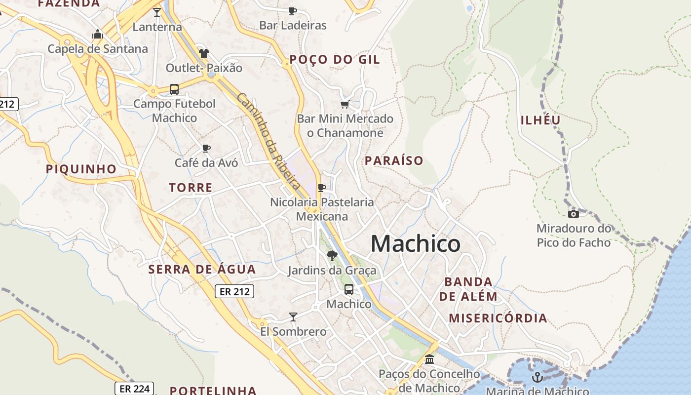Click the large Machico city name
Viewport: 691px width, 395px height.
click(416, 243)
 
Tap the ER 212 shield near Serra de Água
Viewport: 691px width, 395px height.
click(235, 291)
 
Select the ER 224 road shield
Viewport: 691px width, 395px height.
click(134, 389)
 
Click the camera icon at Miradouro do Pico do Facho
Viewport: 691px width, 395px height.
click(573, 214)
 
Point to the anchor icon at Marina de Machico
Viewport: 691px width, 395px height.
click(537, 377)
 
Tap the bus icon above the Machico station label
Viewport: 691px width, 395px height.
click(348, 289)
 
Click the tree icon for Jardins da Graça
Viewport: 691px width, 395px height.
click(332, 255)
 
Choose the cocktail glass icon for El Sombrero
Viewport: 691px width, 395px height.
click(293, 316)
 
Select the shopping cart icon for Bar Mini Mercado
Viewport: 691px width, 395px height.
click(345, 104)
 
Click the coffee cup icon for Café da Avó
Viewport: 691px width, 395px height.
click(206, 148)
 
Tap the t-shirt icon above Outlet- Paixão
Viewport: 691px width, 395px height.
click(204, 53)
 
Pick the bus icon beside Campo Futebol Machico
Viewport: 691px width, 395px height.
click(174, 89)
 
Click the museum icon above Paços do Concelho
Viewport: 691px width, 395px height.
click(429, 359)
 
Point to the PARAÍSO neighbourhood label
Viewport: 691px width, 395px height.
click(394, 160)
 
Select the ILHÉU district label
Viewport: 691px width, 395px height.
click(541, 120)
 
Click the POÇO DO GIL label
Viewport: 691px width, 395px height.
click(335, 60)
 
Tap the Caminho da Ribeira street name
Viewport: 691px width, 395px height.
click(269, 141)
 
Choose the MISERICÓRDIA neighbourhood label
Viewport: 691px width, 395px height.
click(498, 318)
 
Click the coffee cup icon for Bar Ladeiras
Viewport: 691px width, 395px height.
click(293, 10)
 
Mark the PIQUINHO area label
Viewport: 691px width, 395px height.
click(81, 169)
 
